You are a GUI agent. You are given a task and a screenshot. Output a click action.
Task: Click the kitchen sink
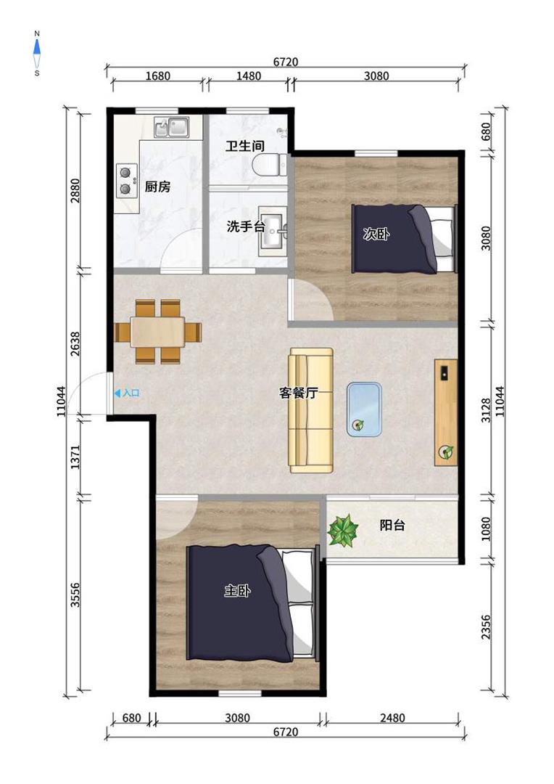171,127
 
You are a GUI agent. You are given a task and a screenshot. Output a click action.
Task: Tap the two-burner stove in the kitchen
126,180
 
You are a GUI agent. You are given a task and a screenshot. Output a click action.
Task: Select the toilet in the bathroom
270,165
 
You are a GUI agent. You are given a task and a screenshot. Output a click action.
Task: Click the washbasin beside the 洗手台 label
273,231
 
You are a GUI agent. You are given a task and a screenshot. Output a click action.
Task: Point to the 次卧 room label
376,234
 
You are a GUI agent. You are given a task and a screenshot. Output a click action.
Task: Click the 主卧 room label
237,590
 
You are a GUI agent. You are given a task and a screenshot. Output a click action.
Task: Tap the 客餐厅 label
298,393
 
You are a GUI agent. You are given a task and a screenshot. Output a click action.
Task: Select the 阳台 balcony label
392,525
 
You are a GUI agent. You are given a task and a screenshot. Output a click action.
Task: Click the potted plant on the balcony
343,530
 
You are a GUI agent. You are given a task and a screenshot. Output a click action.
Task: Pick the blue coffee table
364,409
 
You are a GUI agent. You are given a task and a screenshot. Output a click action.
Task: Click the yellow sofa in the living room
311,410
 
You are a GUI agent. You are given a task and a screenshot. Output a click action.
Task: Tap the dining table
157,332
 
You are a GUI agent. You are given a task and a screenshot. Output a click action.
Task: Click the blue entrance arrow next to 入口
117,393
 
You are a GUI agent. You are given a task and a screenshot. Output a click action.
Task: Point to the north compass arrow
37,47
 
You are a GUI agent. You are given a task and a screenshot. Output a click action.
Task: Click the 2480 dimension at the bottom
392,718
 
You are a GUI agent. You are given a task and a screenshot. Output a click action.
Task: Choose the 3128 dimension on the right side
486,410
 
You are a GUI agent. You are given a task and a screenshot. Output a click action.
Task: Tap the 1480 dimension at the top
248,76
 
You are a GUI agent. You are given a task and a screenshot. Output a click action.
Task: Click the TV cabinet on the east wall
446,412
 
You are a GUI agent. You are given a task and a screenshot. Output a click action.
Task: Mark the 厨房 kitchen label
157,187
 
